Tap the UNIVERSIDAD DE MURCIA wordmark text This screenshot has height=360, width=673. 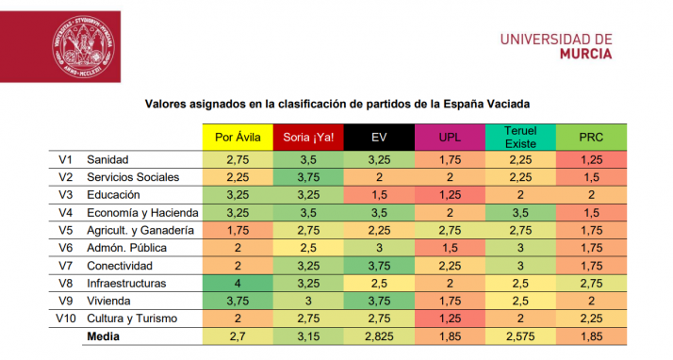click(555, 45)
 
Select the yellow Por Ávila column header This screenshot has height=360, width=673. click(238, 137)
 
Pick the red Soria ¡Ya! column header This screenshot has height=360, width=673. click(308, 137)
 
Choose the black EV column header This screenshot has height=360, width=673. click(379, 137)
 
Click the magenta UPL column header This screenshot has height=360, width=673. click(449, 137)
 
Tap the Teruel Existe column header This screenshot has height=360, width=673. click(519, 136)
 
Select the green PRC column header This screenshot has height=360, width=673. click(590, 137)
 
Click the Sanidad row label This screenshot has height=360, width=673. click(107, 159)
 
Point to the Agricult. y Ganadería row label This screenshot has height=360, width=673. click(140, 229)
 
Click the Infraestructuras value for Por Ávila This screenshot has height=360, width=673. click(238, 282)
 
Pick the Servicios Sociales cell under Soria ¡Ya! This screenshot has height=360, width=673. click(308, 176)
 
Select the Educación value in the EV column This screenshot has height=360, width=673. click(379, 194)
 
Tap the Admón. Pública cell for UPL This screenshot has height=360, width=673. click(449, 247)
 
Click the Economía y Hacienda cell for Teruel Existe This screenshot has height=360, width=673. click(519, 212)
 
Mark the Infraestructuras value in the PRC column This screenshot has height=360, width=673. click(590, 282)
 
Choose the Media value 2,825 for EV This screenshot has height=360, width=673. click(379, 335)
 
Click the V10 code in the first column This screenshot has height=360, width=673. click(65, 318)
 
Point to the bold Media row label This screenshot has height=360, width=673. click(104, 335)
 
